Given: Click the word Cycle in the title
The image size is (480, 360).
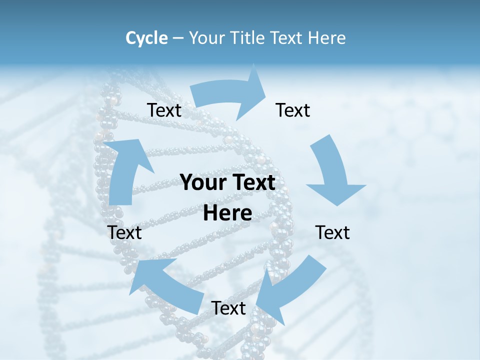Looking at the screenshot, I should point(146,38).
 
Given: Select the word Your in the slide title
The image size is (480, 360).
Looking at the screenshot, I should point(207,38).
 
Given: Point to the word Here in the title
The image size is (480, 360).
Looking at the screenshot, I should point(326,38).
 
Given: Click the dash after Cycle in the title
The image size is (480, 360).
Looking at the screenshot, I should point(178,38).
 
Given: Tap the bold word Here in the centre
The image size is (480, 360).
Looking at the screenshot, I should point(227,213).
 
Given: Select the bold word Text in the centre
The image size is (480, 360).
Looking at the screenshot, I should point(251,182).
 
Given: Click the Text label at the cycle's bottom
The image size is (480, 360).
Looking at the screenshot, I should point(228,308).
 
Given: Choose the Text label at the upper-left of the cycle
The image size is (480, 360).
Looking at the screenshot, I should point(164,110).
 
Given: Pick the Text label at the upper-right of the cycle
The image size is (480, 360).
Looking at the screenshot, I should point(293,110).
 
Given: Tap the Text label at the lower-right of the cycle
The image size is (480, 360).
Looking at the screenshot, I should point(332,232).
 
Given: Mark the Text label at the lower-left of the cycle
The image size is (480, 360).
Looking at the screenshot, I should point(125,232).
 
